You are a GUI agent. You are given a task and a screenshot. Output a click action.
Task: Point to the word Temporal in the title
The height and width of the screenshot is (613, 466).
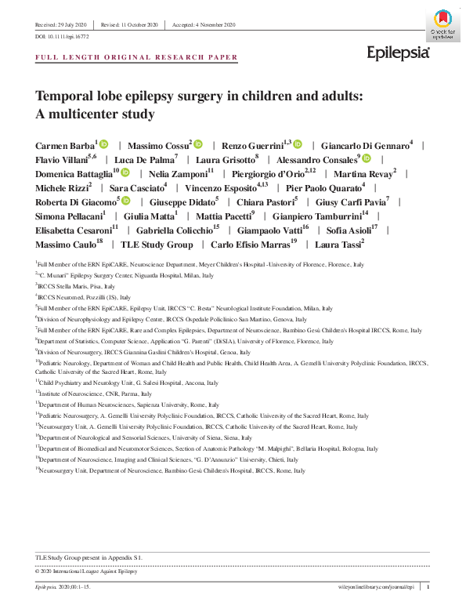click(x=65, y=96)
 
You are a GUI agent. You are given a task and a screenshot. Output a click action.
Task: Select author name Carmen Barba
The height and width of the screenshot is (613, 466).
click(x=65, y=146)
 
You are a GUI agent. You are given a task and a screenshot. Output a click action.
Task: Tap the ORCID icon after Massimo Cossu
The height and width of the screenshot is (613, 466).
click(x=198, y=145)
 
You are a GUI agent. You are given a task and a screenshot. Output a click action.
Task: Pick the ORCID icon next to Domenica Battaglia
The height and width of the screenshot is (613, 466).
click(x=125, y=172)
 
